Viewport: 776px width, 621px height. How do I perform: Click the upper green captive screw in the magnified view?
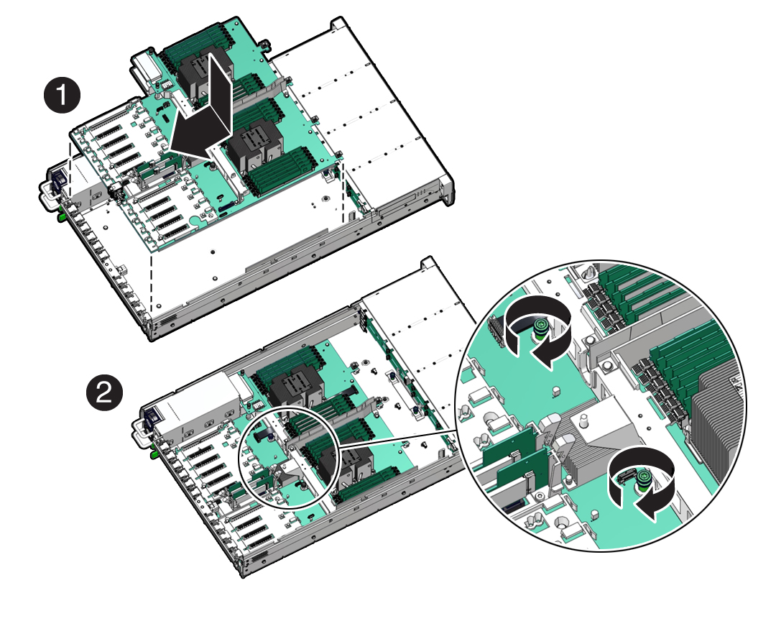click(x=541, y=329)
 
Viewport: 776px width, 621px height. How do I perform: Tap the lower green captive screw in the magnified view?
click(x=643, y=480)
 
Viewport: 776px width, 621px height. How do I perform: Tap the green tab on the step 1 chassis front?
click(x=62, y=216)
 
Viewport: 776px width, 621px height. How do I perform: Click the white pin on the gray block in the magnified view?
click(x=584, y=421)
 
